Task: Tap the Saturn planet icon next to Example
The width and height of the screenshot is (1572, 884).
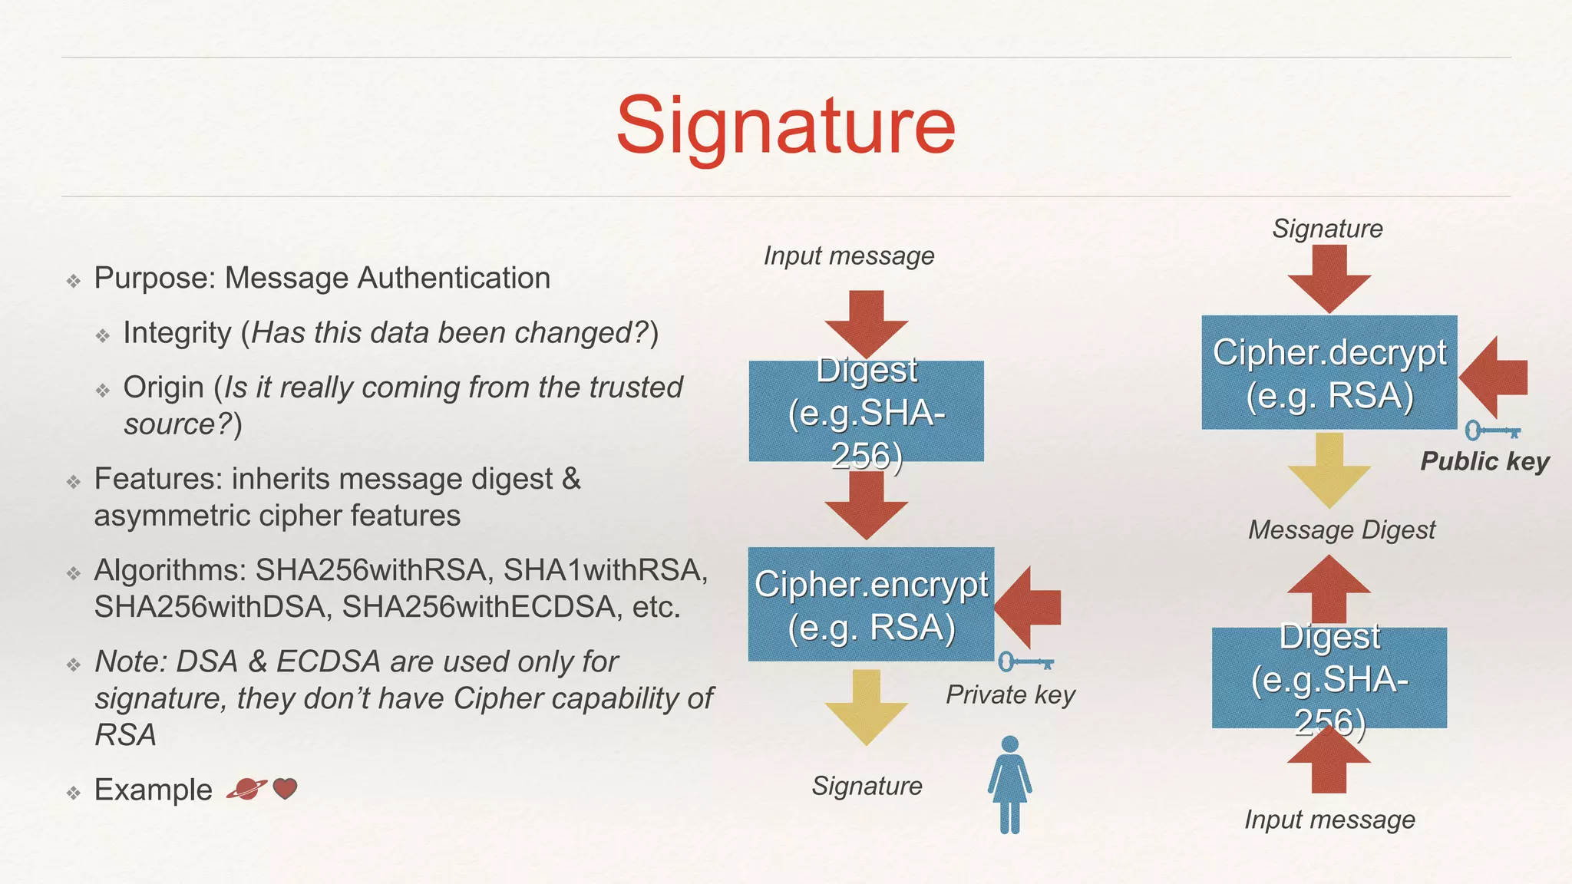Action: pos(246,788)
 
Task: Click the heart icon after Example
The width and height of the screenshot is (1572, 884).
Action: pos(285,788)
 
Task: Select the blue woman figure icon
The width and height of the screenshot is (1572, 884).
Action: pos(1009,784)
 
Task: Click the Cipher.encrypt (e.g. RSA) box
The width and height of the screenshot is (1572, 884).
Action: pos(871,605)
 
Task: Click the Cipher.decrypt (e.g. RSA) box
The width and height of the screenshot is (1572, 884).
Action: pos(1329,373)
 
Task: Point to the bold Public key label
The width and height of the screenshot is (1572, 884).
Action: pos(1484,461)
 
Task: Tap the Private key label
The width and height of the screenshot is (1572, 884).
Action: pos(1010,694)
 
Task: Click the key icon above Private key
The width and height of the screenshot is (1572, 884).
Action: pos(1025,661)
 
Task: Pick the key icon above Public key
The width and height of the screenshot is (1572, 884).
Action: pos(1492,430)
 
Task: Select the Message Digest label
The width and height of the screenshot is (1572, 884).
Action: pos(1341,530)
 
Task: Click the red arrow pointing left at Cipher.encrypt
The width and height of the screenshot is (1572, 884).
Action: pos(1029,607)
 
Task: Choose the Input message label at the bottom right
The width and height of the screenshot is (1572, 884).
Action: pos(1329,820)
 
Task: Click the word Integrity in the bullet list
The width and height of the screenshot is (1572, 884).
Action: pos(177,333)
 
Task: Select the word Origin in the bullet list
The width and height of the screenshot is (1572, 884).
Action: pos(163,388)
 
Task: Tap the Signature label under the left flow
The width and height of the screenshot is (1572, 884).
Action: pos(867,786)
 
